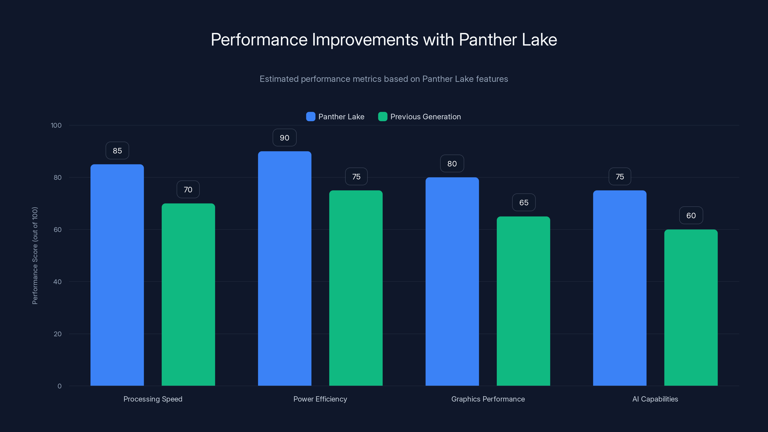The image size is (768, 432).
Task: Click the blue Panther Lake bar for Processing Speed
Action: pos(117,274)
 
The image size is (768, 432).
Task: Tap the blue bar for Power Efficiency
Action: pos(284,268)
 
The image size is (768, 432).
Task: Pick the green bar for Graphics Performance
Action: pos(523,301)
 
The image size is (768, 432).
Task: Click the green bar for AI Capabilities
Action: pos(691,307)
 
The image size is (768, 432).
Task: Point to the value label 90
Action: pos(284,138)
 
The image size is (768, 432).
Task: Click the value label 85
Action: pos(117,150)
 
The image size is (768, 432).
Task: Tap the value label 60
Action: pos(691,216)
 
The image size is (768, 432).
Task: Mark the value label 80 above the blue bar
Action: pos(452,164)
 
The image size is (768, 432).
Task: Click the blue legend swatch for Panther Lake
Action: pos(310,117)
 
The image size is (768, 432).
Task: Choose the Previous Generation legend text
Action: pos(426,117)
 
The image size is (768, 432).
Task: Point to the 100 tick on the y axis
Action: pos(56,125)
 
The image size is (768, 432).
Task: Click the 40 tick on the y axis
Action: pos(57,282)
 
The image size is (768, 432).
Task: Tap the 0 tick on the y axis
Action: pos(59,386)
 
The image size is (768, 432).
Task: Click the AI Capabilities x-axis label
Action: pos(655,399)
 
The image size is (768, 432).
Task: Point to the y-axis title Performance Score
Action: pos(35,256)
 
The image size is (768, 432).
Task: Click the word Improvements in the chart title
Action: pos(365,40)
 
